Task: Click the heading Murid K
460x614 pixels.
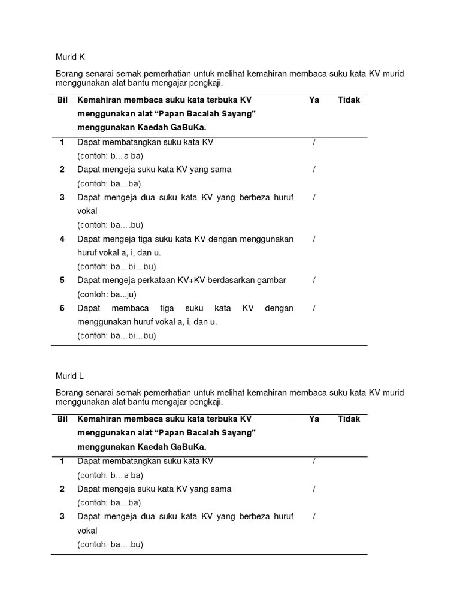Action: coord(70,57)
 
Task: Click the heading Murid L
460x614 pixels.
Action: coord(69,376)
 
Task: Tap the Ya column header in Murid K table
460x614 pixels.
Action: coord(314,100)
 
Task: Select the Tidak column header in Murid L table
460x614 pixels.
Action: coord(349,419)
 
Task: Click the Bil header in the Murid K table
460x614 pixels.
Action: coord(62,100)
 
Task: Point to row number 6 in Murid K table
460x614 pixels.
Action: coord(62,308)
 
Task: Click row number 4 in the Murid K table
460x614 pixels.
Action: coord(62,239)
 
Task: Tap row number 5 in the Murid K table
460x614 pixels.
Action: coord(62,280)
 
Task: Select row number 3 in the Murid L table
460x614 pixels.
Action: coord(62,516)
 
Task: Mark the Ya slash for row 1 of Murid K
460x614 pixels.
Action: coord(314,142)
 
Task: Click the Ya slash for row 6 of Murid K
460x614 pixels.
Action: coord(314,308)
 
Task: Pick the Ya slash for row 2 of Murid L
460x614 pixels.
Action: coord(314,489)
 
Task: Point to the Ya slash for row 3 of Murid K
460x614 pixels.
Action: coord(314,197)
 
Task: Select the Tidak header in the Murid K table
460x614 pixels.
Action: coord(349,100)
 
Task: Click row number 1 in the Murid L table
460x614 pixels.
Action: coord(62,461)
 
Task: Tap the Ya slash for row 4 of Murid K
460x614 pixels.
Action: coord(314,239)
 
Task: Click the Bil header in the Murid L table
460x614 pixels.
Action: coord(62,419)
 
